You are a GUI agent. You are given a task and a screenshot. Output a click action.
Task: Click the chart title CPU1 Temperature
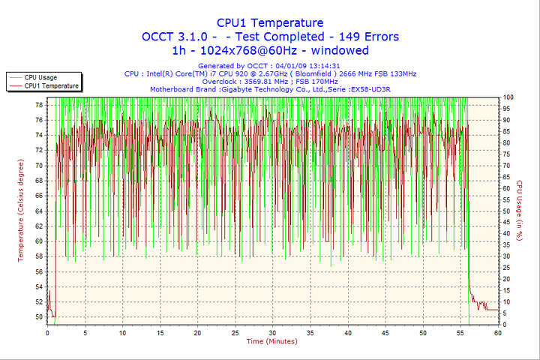[270, 23]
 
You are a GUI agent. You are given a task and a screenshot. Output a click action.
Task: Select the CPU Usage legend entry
[40, 77]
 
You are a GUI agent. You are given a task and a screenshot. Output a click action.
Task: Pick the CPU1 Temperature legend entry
[51, 85]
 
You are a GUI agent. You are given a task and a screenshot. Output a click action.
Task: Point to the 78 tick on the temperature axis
[39, 105]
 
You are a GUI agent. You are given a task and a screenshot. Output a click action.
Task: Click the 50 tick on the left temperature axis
[39, 316]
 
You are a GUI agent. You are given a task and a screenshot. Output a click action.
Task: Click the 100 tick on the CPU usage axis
[508, 97]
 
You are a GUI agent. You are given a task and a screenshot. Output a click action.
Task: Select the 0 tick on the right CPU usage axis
[505, 325]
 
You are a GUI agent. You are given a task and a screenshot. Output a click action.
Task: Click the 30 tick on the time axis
[272, 332]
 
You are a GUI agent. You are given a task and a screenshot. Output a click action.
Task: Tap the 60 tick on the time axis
[497, 332]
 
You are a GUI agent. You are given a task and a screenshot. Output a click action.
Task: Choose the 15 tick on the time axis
[160, 332]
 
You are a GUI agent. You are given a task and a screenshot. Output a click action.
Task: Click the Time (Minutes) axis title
[271, 341]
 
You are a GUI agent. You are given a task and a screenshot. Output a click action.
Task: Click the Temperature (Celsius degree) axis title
[21, 210]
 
